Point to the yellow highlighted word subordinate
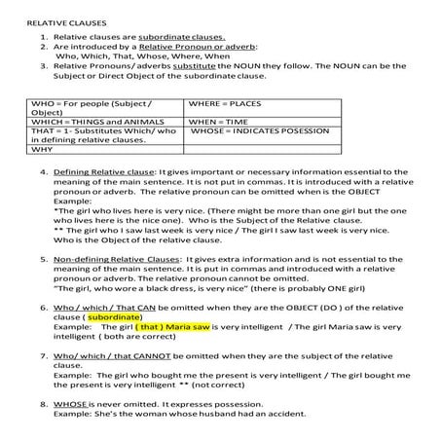click(x=113, y=316)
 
